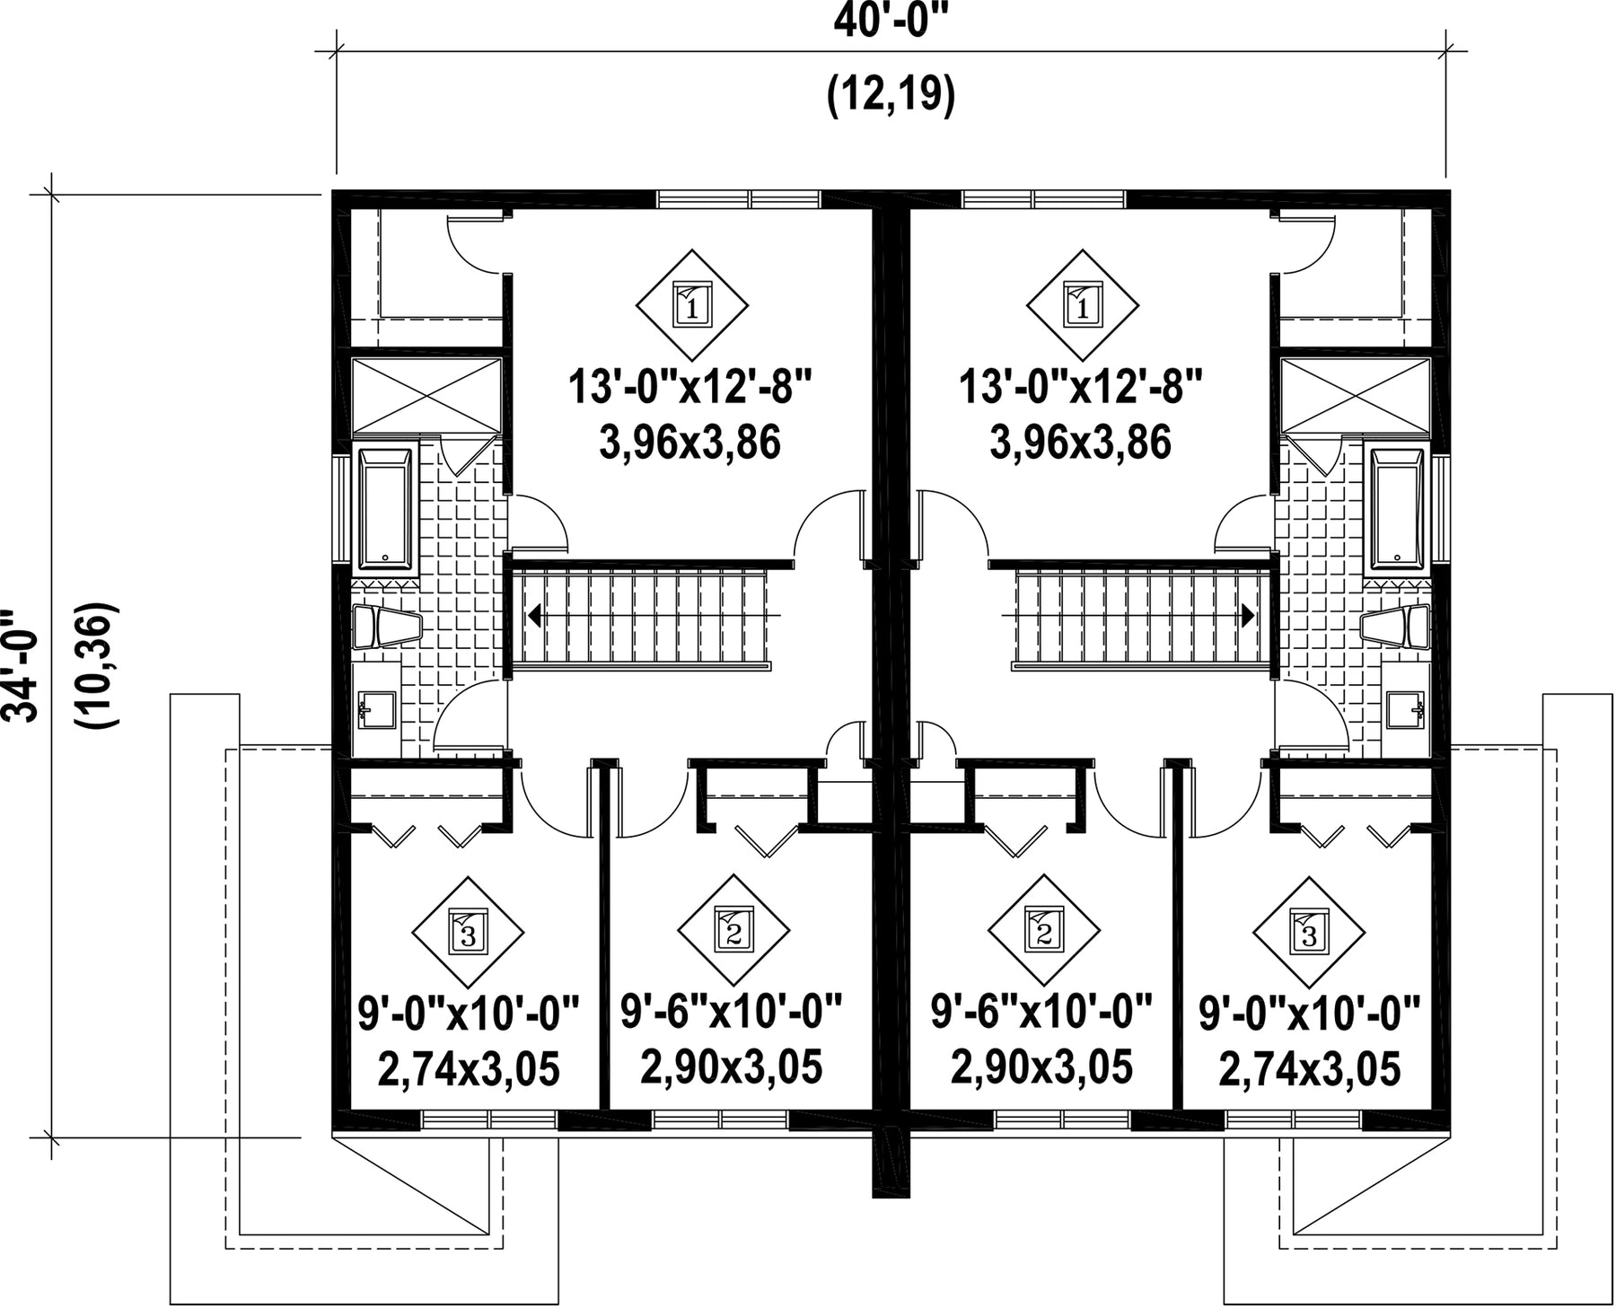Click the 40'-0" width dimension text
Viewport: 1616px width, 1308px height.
[x=891, y=20]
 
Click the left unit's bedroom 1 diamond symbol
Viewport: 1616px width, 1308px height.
[x=692, y=305]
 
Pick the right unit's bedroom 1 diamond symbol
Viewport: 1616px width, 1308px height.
[x=1084, y=305]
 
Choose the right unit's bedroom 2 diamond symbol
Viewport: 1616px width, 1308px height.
[x=1044, y=931]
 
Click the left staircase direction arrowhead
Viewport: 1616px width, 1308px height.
[x=534, y=616]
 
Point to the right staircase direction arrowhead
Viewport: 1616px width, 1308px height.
[x=1248, y=616]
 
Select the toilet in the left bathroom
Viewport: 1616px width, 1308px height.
[x=386, y=627]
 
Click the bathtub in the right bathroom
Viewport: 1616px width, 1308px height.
[x=1396, y=509]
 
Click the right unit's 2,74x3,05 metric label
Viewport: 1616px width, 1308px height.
[x=1309, y=1069]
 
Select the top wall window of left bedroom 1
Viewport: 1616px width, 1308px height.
[x=738, y=199]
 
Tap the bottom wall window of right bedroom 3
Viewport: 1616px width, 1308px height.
[x=1293, y=1119]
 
